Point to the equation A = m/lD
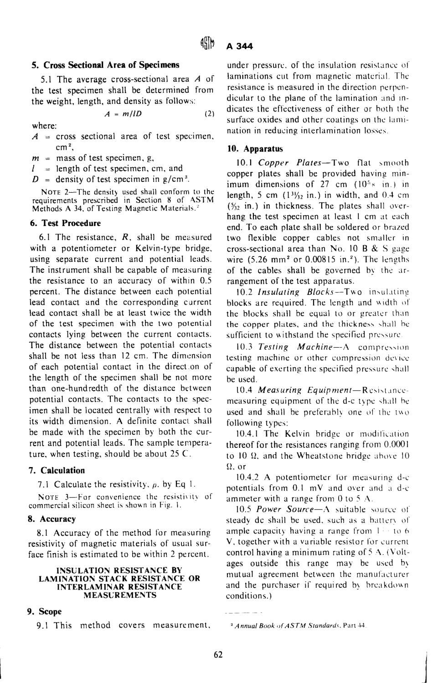(123, 114)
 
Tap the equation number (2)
(209, 114)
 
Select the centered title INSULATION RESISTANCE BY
(122, 570)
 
